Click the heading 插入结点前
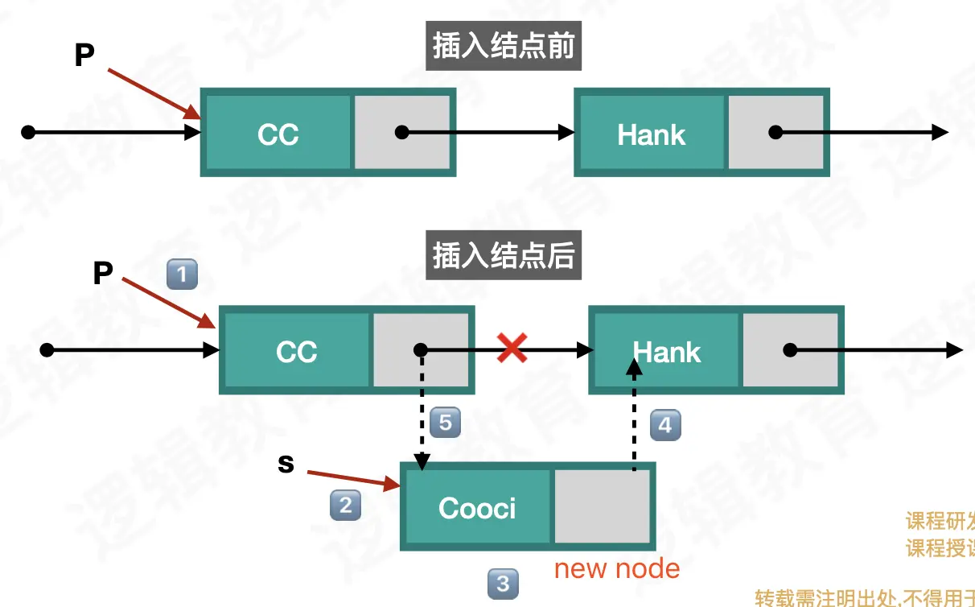tap(503, 47)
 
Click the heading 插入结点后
tap(503, 256)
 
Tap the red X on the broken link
tap(512, 349)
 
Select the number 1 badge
tap(181, 275)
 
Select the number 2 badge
tap(345, 505)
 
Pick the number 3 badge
tap(503, 583)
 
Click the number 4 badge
tap(664, 424)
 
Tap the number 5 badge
tap(445, 423)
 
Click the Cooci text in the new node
tap(477, 508)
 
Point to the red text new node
tap(617, 569)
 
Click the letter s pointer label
tap(286, 465)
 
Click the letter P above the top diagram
tap(84, 56)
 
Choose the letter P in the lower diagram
tap(102, 274)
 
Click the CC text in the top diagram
tap(278, 134)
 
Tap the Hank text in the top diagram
tap(651, 134)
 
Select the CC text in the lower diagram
tap(296, 352)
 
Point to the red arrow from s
tap(354, 478)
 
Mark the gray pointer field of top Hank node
tap(775, 133)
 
